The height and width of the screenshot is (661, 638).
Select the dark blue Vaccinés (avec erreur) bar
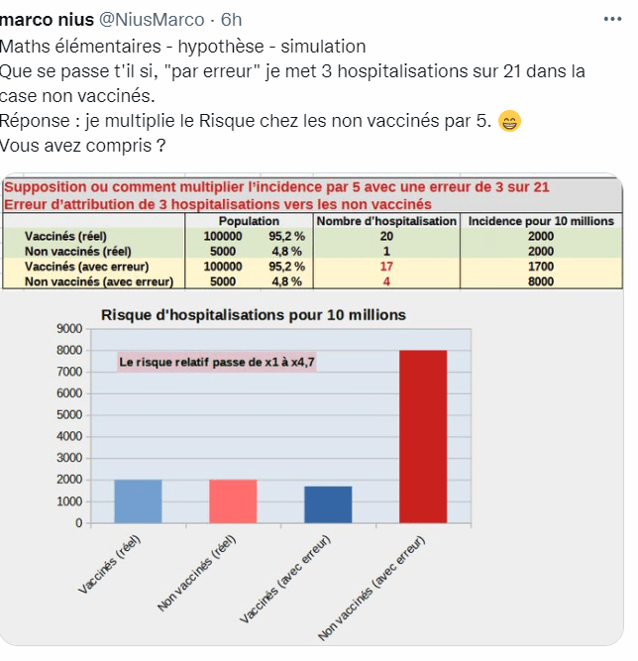point(328,504)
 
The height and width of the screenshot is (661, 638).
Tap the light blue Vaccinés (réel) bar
point(138,501)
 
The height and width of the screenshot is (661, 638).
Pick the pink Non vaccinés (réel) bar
point(233,501)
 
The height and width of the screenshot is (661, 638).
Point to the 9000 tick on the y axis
point(67,328)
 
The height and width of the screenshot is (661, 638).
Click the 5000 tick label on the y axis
point(67,415)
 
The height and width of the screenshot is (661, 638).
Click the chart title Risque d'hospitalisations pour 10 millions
point(254,315)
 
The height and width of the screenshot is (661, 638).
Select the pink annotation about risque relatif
point(217,364)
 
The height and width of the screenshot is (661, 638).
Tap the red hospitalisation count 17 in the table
point(386,267)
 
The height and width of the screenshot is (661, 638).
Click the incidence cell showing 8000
point(541,281)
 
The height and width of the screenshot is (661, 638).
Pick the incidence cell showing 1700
point(541,267)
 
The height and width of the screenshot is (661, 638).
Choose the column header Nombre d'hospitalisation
point(386,221)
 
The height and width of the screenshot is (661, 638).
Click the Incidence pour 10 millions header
point(541,221)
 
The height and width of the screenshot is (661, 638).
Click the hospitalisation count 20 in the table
point(386,237)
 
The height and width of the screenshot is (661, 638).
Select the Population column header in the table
point(249,221)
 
